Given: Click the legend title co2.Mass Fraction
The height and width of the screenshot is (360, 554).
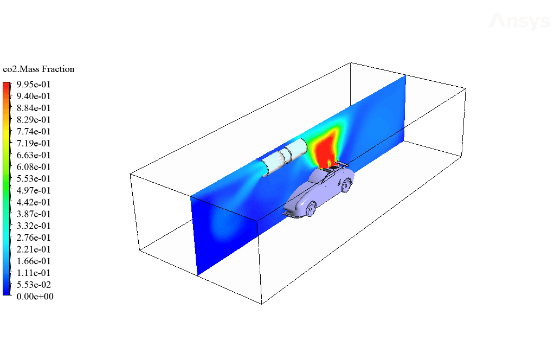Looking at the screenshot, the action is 38,69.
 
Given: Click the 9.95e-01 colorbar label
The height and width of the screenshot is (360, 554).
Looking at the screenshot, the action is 34,84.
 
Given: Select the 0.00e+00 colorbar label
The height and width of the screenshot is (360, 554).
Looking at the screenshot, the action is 35,296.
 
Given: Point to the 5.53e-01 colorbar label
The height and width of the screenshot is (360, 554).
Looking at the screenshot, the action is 34,178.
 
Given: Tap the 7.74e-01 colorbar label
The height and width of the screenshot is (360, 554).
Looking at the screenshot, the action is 34,131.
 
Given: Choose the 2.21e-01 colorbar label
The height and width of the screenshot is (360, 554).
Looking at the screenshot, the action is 34,249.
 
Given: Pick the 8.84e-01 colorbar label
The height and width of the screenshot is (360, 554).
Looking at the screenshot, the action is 34,108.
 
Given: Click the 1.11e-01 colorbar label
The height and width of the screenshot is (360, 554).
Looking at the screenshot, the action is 34,273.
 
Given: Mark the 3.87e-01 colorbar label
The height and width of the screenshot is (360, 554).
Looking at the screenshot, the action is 34,214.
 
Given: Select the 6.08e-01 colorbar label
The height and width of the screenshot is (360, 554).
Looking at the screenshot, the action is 34,167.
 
